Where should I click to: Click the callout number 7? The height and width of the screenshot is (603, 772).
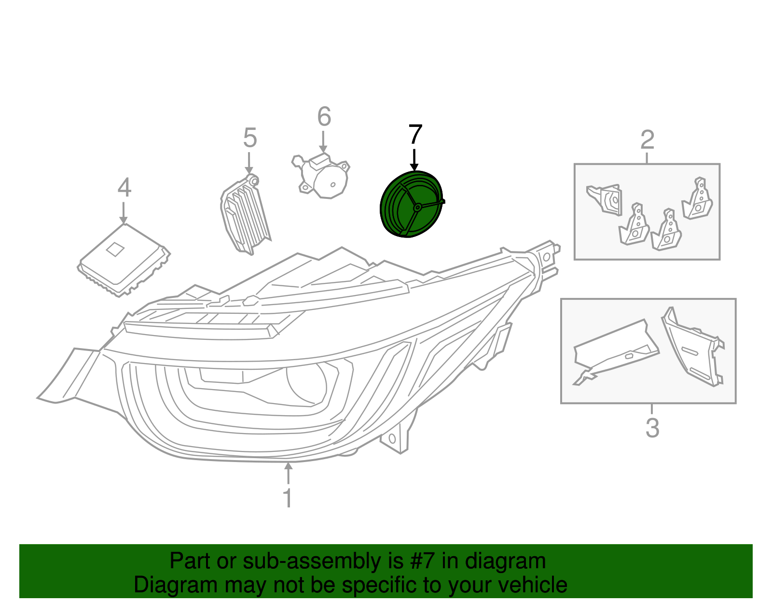point(415,135)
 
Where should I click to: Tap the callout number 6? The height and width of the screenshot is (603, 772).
point(324,117)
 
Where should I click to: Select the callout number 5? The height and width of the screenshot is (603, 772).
point(249,138)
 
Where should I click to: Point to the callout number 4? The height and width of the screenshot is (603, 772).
point(124,188)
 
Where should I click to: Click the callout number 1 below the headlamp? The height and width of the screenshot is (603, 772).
point(288,498)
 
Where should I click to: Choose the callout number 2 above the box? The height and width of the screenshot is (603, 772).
point(647,140)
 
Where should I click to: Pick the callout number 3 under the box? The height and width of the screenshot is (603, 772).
point(652,428)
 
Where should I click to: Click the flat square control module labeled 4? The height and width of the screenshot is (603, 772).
point(124,259)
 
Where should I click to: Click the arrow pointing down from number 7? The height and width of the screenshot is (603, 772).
point(414,160)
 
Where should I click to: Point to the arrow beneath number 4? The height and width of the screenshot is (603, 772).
point(124,213)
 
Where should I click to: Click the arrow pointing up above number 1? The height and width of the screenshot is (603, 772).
point(288,473)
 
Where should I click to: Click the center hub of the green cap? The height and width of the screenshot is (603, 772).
point(417,207)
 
